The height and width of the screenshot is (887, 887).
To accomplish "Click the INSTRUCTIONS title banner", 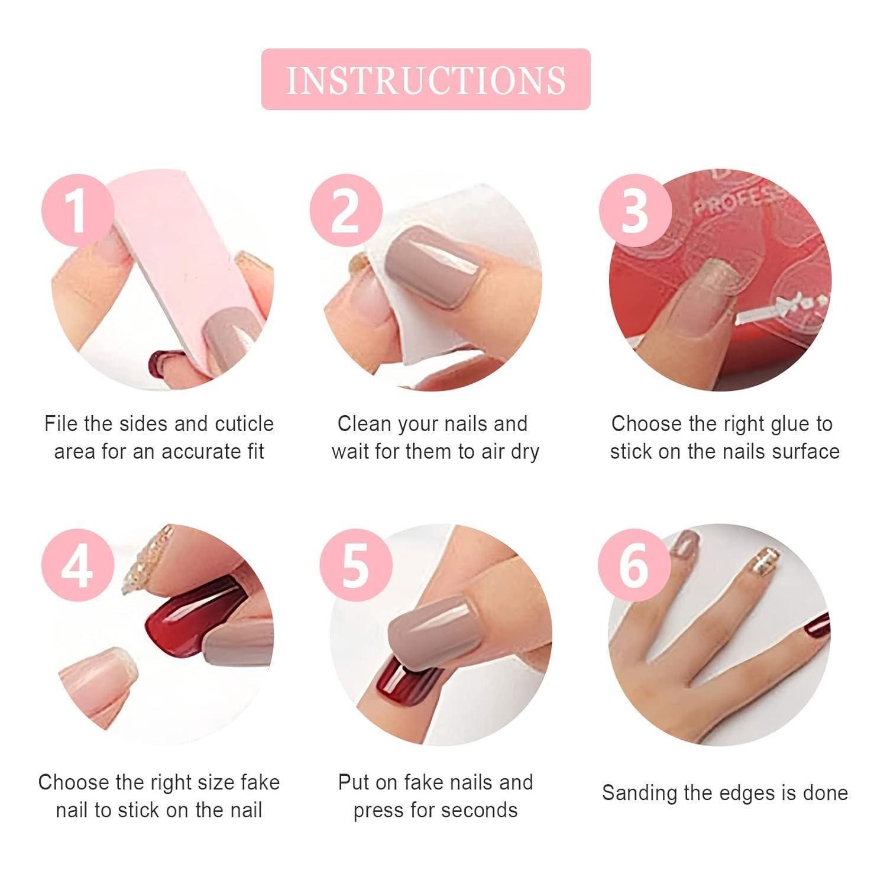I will coord(426,79).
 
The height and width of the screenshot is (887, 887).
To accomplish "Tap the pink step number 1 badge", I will coord(77,211).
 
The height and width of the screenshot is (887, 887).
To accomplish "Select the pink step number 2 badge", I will coord(345,211).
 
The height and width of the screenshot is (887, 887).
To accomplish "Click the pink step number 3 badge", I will coord(635,211).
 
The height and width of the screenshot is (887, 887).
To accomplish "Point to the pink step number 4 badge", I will coord(77,566).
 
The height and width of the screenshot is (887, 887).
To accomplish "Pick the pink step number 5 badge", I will coord(355,566).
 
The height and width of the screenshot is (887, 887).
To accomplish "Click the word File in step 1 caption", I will coord(61,424).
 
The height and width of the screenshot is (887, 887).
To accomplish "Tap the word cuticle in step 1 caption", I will coord(244,424).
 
